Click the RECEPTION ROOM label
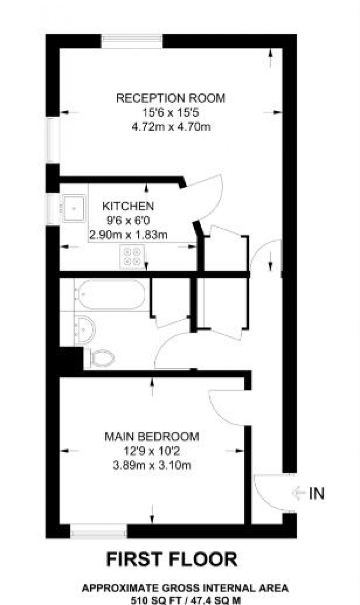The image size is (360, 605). coord(170,98)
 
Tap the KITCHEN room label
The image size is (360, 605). coord(128,206)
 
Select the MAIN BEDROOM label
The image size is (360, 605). coord(152,437)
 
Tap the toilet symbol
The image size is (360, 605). coord(102,357)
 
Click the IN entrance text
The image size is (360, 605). coord(317,494)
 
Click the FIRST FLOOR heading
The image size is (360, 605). coord(172,559)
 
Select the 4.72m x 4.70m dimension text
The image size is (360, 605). coord(171,127)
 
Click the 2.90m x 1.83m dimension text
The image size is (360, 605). coord(128,235)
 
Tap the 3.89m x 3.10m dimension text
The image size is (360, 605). coord(152,465)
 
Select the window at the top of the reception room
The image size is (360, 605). coord(131,40)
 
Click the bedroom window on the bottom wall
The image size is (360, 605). coord(98,531)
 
